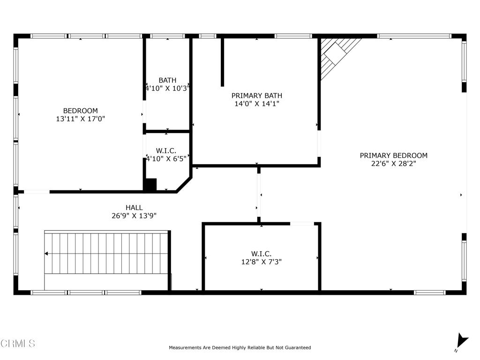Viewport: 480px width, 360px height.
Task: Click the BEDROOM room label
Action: coord(81,111)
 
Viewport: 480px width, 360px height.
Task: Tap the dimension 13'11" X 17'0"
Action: coord(81,120)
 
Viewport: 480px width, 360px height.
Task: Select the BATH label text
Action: coord(167,80)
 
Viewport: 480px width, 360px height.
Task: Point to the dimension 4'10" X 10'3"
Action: coord(167,88)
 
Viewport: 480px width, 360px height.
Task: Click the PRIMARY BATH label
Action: coord(257,96)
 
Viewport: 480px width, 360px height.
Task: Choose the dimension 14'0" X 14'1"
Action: coord(257,104)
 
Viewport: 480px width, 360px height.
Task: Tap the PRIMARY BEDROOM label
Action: coord(393,156)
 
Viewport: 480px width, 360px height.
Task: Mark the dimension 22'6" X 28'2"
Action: coord(393,164)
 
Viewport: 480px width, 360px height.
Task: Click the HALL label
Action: coord(134,208)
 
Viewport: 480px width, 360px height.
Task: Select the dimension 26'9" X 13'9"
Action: coord(134,216)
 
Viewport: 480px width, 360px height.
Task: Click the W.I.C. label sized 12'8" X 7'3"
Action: coord(261,254)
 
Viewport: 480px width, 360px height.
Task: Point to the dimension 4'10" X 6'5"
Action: coord(166,158)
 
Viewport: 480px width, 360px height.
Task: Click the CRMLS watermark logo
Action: coord(17,344)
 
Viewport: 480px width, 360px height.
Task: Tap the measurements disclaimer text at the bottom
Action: coord(240,348)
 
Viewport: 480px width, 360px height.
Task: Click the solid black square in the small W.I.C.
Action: coord(150,185)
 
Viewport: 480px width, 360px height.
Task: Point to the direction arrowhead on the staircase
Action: coord(46,254)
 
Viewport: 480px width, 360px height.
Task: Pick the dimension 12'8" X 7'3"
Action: coord(261,262)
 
